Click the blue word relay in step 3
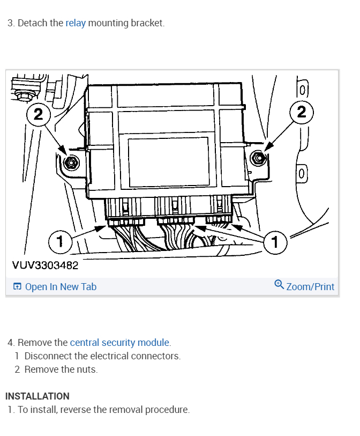(x=76, y=24)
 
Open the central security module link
(x=120, y=342)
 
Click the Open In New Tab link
(x=61, y=287)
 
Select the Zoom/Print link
(x=310, y=287)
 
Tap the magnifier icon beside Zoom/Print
(x=279, y=284)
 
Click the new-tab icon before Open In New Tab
(x=17, y=287)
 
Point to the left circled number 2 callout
(x=38, y=114)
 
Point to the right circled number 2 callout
(x=302, y=112)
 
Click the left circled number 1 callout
(x=60, y=242)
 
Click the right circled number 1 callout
(x=275, y=243)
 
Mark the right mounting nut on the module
(x=258, y=157)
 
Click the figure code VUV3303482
(x=45, y=265)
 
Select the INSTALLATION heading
(x=37, y=396)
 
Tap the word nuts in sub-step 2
(x=87, y=369)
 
